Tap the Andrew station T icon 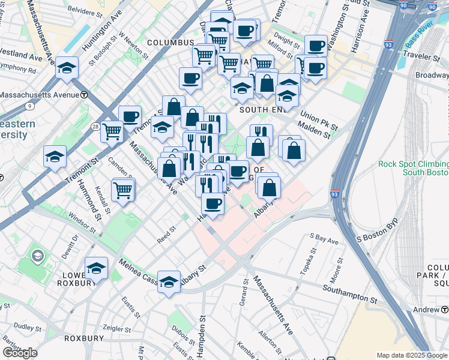(x=444, y=310)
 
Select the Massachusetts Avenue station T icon (x=85, y=95)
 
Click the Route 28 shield (x=95, y=127)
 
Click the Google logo (x=20, y=352)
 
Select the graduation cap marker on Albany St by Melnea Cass (x=169, y=281)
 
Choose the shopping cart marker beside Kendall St (x=123, y=190)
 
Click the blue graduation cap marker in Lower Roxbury (x=96, y=268)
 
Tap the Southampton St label (x=349, y=294)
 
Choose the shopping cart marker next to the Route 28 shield (x=112, y=131)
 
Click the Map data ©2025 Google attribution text (x=412, y=355)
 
